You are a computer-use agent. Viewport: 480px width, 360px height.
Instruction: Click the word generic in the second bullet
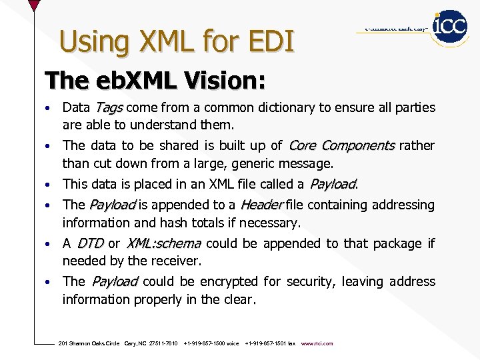tap(275, 163)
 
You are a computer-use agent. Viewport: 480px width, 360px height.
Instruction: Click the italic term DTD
tap(90, 243)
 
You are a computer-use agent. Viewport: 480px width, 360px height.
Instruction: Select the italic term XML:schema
tap(163, 243)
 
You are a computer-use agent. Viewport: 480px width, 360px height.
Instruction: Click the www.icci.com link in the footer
tap(317, 343)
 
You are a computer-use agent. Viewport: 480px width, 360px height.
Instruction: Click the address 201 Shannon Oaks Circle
tap(89, 343)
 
